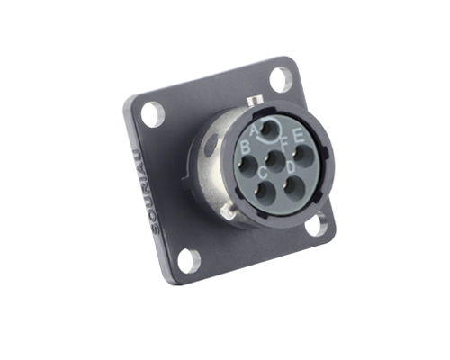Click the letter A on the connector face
click(x=254, y=130)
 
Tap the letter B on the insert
click(x=246, y=148)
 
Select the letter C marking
click(x=263, y=173)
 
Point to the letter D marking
click(x=291, y=166)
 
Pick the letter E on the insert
click(x=299, y=137)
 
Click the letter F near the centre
click(x=283, y=145)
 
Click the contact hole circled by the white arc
click(x=270, y=130)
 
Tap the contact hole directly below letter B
click(x=250, y=166)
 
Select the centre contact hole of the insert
click(x=275, y=161)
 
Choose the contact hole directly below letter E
click(x=303, y=157)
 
